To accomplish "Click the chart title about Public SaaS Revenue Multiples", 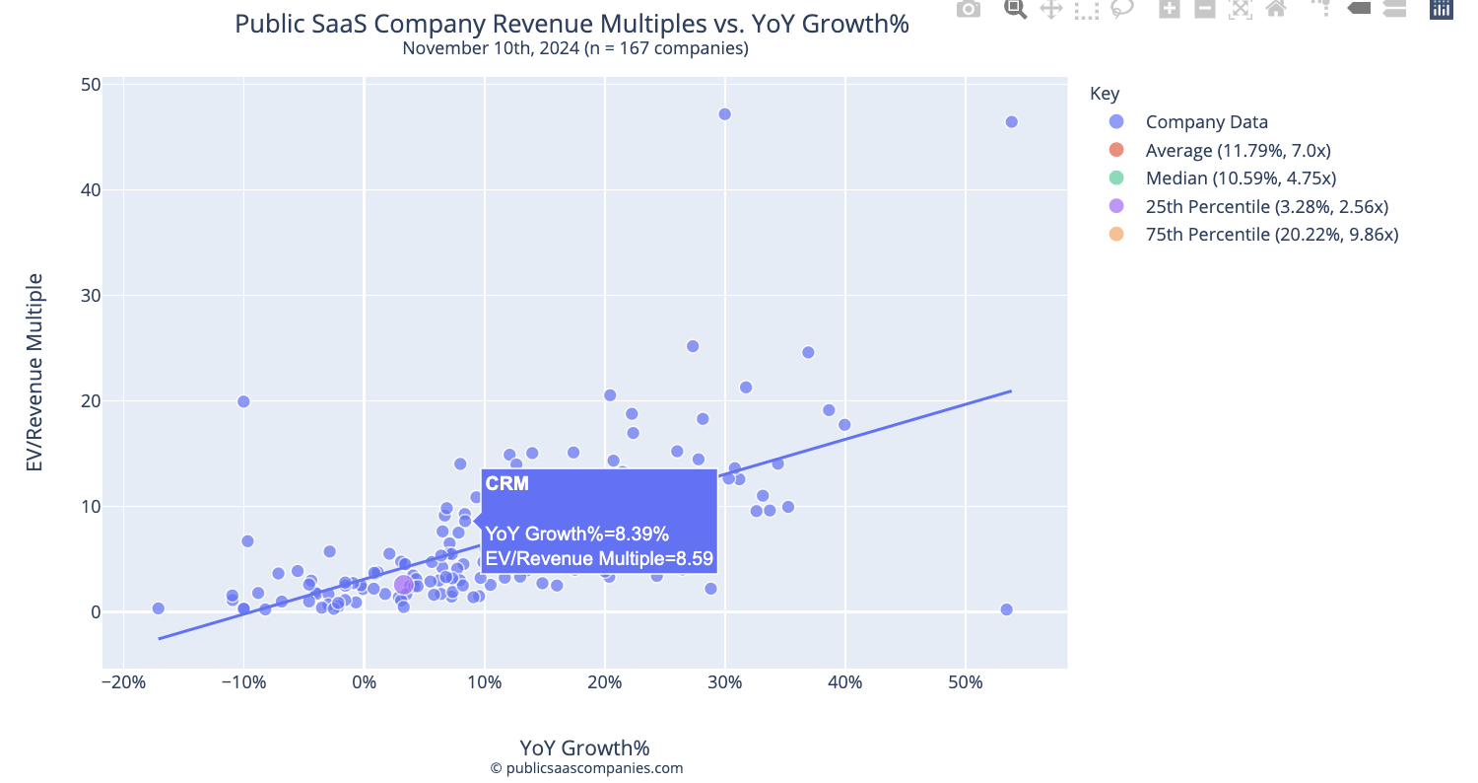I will tap(571, 24).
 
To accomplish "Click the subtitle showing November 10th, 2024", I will tap(575, 48).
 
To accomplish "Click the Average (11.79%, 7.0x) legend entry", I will tap(1238, 151).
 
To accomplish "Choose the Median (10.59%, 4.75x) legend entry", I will tap(1241, 178).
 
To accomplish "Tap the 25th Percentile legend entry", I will tap(1266, 207).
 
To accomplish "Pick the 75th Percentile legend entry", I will tap(1271, 235).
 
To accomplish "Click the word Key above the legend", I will tap(1105, 94).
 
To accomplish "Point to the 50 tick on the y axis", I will tap(91, 85).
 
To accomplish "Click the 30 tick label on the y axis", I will tap(91, 296).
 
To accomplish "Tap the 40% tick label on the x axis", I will tap(844, 683).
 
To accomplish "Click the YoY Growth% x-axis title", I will tap(584, 747).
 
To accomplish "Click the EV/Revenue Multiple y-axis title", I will tap(34, 372).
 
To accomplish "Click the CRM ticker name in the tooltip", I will tap(507, 483).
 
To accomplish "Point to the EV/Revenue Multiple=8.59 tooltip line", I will tap(598, 559).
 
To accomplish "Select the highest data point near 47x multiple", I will tap(724, 114).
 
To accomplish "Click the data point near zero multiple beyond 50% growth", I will tap(1006, 609).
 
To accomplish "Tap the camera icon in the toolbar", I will tap(969, 9).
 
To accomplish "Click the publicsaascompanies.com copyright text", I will tap(586, 768).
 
